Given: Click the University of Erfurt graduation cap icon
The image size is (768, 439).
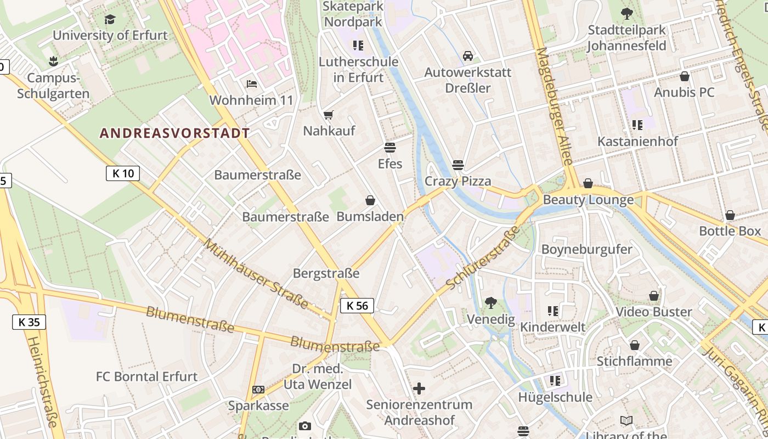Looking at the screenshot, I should point(110,20).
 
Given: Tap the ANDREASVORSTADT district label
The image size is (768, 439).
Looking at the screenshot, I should point(174,133).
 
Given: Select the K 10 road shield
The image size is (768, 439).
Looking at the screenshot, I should point(123,174).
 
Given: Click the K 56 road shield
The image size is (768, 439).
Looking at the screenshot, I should point(357,306).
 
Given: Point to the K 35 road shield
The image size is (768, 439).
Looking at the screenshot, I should point(29,322).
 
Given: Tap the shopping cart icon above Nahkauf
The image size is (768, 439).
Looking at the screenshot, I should point(328,115).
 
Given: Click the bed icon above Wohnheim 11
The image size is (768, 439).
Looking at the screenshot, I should point(252,84).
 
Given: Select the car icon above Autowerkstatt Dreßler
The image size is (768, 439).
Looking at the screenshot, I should point(468,55).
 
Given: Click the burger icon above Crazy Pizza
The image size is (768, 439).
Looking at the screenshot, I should point(458,165).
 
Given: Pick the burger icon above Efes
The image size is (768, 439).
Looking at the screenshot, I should point(390,147).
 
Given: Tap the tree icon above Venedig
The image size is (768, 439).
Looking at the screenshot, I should point(491,302).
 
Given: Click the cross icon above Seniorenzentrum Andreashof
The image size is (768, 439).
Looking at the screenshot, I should point(419,389).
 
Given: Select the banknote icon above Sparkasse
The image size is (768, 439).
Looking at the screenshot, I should point(258,390).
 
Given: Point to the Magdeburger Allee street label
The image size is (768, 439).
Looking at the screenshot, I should point(554,106).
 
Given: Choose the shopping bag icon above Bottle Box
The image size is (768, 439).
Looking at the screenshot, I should point(730,215).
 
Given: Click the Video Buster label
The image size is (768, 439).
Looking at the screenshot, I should point(654,312).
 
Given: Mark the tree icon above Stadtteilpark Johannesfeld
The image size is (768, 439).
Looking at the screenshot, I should point(626,14).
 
